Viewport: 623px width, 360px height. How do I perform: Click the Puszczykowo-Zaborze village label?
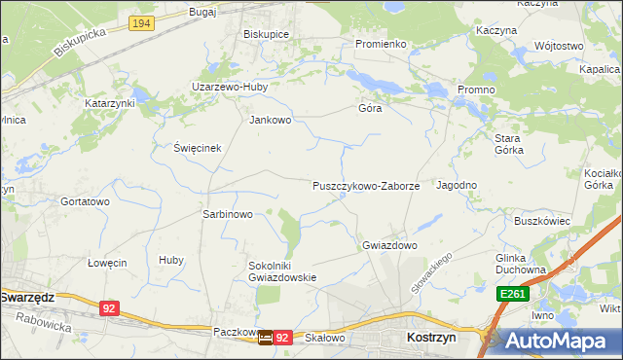(x=366, y=185)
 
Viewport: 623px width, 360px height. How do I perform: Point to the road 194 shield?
(x=141, y=22)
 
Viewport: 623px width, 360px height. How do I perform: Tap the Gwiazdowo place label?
(x=389, y=245)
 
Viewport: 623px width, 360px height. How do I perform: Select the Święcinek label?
(x=199, y=148)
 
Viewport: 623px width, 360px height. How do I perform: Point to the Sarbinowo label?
(x=227, y=214)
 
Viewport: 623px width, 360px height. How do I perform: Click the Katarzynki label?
(x=109, y=102)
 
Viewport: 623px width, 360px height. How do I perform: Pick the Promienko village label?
(x=380, y=44)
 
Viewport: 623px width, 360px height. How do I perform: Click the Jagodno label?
(x=457, y=185)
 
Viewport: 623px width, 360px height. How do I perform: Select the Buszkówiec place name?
(x=542, y=221)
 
